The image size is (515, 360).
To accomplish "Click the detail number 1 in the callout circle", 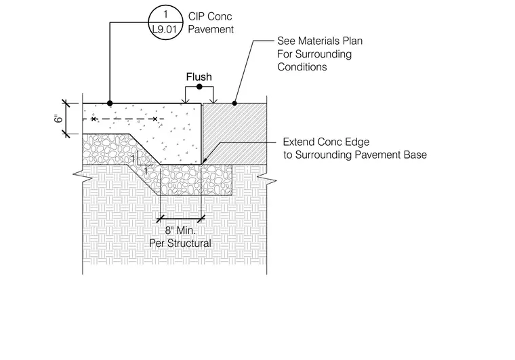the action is tap(165, 14).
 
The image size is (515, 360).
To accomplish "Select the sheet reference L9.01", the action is tap(165, 30).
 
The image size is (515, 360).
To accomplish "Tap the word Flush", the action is tap(199, 77).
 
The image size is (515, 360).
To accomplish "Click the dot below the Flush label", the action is tap(199, 87).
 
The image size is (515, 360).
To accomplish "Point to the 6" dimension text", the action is tap(58, 118).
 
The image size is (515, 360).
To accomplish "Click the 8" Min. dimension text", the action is tap(180, 231).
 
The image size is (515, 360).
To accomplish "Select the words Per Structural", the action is tap(180, 243).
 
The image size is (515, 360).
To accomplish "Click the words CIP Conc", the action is tap(210, 16).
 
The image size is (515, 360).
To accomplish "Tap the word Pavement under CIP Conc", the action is tap(211, 29).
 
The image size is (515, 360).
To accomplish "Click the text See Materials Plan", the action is tap(320, 41).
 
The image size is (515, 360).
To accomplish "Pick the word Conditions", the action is tap(302, 66).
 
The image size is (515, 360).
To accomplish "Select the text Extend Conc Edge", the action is tap(326, 142).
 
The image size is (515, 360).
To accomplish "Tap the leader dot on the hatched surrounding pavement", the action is tap(234, 104).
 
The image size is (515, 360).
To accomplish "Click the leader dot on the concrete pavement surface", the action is tap(110, 104).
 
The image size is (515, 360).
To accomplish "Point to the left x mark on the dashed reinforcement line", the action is tap(94, 119).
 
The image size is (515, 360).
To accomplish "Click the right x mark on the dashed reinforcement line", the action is tap(155, 119).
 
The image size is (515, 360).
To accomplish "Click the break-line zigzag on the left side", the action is tap(83, 176).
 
